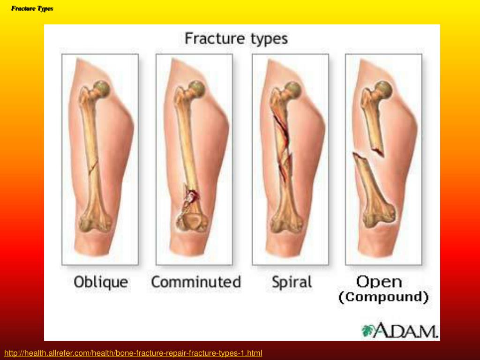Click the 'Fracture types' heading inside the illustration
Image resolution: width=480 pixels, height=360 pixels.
pos(236,39)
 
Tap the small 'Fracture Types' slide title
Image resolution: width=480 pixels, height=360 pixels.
pos(32,8)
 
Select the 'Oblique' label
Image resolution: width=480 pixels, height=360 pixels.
pos(101,282)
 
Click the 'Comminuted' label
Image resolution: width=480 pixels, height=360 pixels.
pos(196,282)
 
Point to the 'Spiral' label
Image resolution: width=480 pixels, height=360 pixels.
pos(292,282)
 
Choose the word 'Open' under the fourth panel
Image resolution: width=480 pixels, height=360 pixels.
pos(379,282)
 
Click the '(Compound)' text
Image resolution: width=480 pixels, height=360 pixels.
pos(383,297)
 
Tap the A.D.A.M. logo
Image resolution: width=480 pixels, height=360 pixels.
pos(400,330)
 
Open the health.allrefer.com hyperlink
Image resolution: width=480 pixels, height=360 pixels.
pos(133,353)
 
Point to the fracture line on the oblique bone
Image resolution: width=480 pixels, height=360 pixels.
pos(93,167)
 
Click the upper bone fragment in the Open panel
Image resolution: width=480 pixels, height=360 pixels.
pos(374,116)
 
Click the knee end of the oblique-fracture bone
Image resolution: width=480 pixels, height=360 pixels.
pos(95,221)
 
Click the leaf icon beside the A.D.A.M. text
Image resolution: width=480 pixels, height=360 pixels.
pos(367,330)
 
